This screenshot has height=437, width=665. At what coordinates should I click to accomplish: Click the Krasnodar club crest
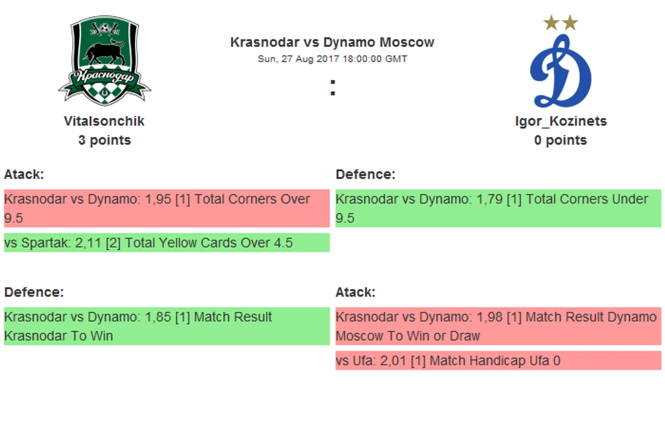pyautogui.click(x=104, y=61)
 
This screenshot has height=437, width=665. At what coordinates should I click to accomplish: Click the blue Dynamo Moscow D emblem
pyautogui.click(x=561, y=71)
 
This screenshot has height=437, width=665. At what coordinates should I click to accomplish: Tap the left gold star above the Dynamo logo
pyautogui.click(x=551, y=23)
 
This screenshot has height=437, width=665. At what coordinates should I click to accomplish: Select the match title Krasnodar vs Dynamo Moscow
pyautogui.click(x=332, y=42)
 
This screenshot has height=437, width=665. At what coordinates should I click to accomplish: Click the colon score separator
pyautogui.click(x=332, y=87)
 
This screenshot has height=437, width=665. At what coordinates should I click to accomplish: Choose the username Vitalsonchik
pyautogui.click(x=104, y=121)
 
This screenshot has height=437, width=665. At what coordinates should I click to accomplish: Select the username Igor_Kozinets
pyautogui.click(x=561, y=121)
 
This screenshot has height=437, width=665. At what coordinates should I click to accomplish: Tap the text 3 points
pyautogui.click(x=104, y=140)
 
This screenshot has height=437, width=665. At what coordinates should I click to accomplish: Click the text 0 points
pyautogui.click(x=561, y=140)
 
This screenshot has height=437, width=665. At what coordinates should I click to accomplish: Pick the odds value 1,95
pyautogui.click(x=158, y=199)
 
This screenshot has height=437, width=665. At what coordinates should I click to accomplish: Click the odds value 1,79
pyautogui.click(x=489, y=199)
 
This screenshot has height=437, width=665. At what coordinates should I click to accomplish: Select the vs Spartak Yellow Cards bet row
pyautogui.click(x=167, y=243)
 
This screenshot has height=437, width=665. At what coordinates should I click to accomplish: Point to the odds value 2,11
pyautogui.click(x=88, y=243)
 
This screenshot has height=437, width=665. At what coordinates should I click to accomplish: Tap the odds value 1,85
pyautogui.click(x=158, y=317)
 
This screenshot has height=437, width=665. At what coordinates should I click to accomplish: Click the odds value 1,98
pyautogui.click(x=489, y=317)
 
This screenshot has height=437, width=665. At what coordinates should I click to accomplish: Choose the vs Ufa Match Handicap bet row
pyautogui.click(x=498, y=360)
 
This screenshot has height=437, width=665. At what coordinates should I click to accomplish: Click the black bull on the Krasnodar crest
pyautogui.click(x=105, y=52)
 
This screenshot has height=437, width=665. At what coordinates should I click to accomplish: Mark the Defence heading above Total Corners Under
pyautogui.click(x=365, y=175)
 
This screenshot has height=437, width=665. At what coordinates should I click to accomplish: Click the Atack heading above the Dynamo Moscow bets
pyautogui.click(x=355, y=293)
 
